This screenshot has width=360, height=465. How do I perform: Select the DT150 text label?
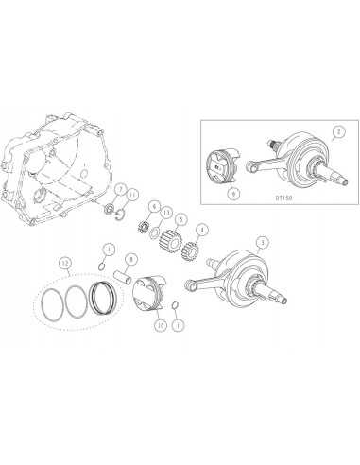click(282, 199)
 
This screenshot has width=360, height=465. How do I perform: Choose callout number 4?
click(201, 229)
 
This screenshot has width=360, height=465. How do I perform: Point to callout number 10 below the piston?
click(161, 324)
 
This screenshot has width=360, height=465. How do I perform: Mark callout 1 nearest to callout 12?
click(109, 248)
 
